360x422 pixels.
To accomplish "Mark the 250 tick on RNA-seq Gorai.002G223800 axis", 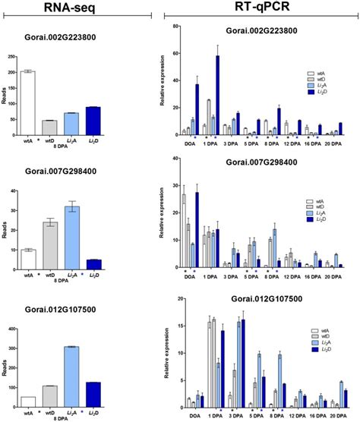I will [x=11, y=55].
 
